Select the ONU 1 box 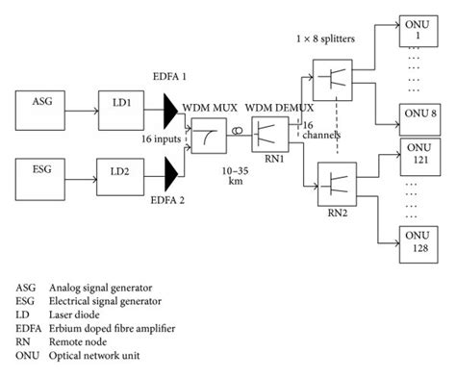click(418, 29)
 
